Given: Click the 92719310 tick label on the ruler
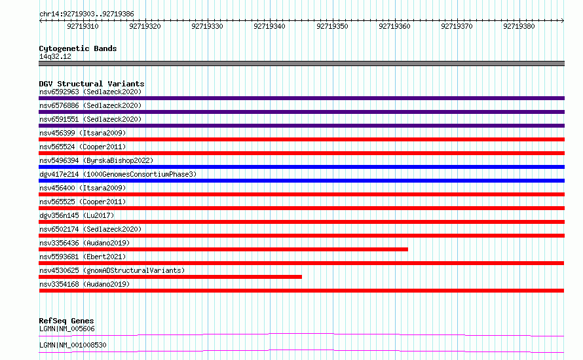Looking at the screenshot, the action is point(83,26).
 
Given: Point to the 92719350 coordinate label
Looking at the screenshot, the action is point(332,26).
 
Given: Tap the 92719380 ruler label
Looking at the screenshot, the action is point(519,26).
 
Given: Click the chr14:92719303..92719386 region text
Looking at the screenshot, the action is point(86,14).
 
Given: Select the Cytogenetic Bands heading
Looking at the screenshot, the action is point(78,48).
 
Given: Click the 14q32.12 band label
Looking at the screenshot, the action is point(55,56).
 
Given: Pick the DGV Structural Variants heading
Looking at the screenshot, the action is point(92,84).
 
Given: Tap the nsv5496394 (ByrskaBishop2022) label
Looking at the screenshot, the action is point(96,160).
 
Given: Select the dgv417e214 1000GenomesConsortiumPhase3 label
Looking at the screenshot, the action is point(118,174).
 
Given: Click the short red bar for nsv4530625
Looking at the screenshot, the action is point(170,277).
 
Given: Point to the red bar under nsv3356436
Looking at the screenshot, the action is point(223,249).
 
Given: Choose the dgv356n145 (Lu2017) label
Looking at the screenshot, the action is point(77,215).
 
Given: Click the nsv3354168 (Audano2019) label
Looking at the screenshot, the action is point(85,284).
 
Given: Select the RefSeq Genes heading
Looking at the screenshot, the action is point(67,321).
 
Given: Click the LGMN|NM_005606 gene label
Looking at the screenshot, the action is point(67,329).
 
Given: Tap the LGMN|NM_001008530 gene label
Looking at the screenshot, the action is point(73,345).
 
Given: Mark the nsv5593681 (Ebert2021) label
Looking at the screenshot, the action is point(83,257).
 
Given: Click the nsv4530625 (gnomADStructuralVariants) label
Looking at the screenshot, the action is point(112,270).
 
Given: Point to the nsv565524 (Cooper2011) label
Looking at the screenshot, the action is point(83,147).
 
